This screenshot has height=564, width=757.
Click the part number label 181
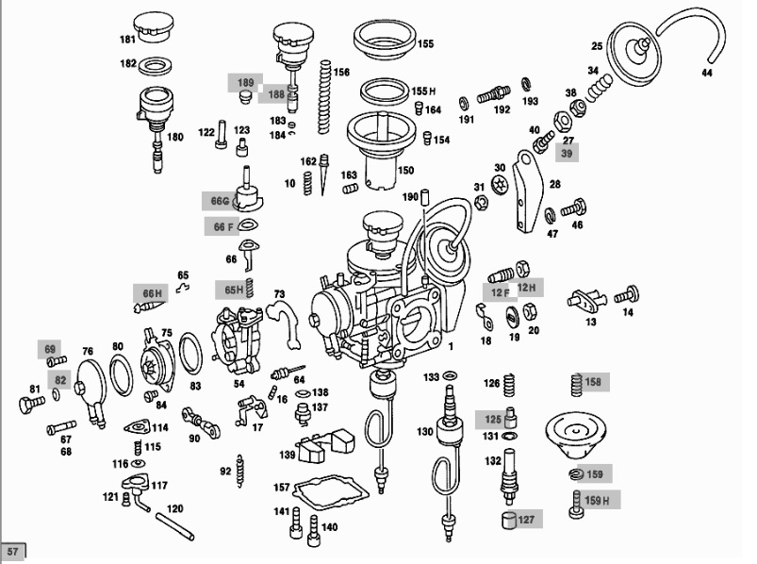coord(126,41)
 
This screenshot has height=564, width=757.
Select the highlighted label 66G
coord(220,201)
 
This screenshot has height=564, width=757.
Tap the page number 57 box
coord(12,551)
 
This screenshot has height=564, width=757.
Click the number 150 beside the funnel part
coord(405,171)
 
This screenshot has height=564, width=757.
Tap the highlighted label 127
coord(526,519)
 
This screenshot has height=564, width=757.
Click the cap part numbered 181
coord(155,28)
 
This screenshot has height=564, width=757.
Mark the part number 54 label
coord(239,384)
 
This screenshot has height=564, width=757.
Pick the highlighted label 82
coord(60,380)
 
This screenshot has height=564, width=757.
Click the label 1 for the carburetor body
coord(451,347)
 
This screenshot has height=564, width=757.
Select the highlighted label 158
coord(592,383)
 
